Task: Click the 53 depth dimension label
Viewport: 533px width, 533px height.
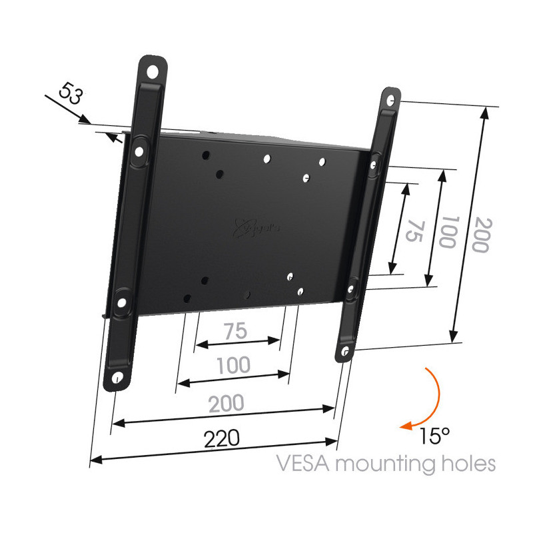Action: [71, 93]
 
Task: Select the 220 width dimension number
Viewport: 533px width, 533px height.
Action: [222, 438]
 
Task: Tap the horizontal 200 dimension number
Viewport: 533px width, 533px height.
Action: [226, 403]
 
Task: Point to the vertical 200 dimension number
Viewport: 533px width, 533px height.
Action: [482, 235]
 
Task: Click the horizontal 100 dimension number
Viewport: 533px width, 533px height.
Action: [234, 365]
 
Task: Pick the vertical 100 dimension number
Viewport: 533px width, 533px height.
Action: [447, 232]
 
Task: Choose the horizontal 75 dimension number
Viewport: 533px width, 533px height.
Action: [235, 330]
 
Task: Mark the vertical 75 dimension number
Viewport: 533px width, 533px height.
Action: [414, 231]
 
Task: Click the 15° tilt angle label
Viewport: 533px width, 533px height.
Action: [435, 436]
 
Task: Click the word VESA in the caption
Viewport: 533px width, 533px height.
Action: [302, 463]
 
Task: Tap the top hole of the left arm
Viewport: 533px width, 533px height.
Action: [153, 72]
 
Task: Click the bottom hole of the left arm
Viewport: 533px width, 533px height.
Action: [117, 378]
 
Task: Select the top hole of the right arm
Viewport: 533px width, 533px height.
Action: [391, 101]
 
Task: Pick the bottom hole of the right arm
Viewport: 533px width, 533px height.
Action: [345, 351]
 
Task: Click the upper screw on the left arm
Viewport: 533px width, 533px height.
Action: [139, 151]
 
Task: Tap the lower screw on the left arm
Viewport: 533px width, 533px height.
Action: [121, 302]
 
